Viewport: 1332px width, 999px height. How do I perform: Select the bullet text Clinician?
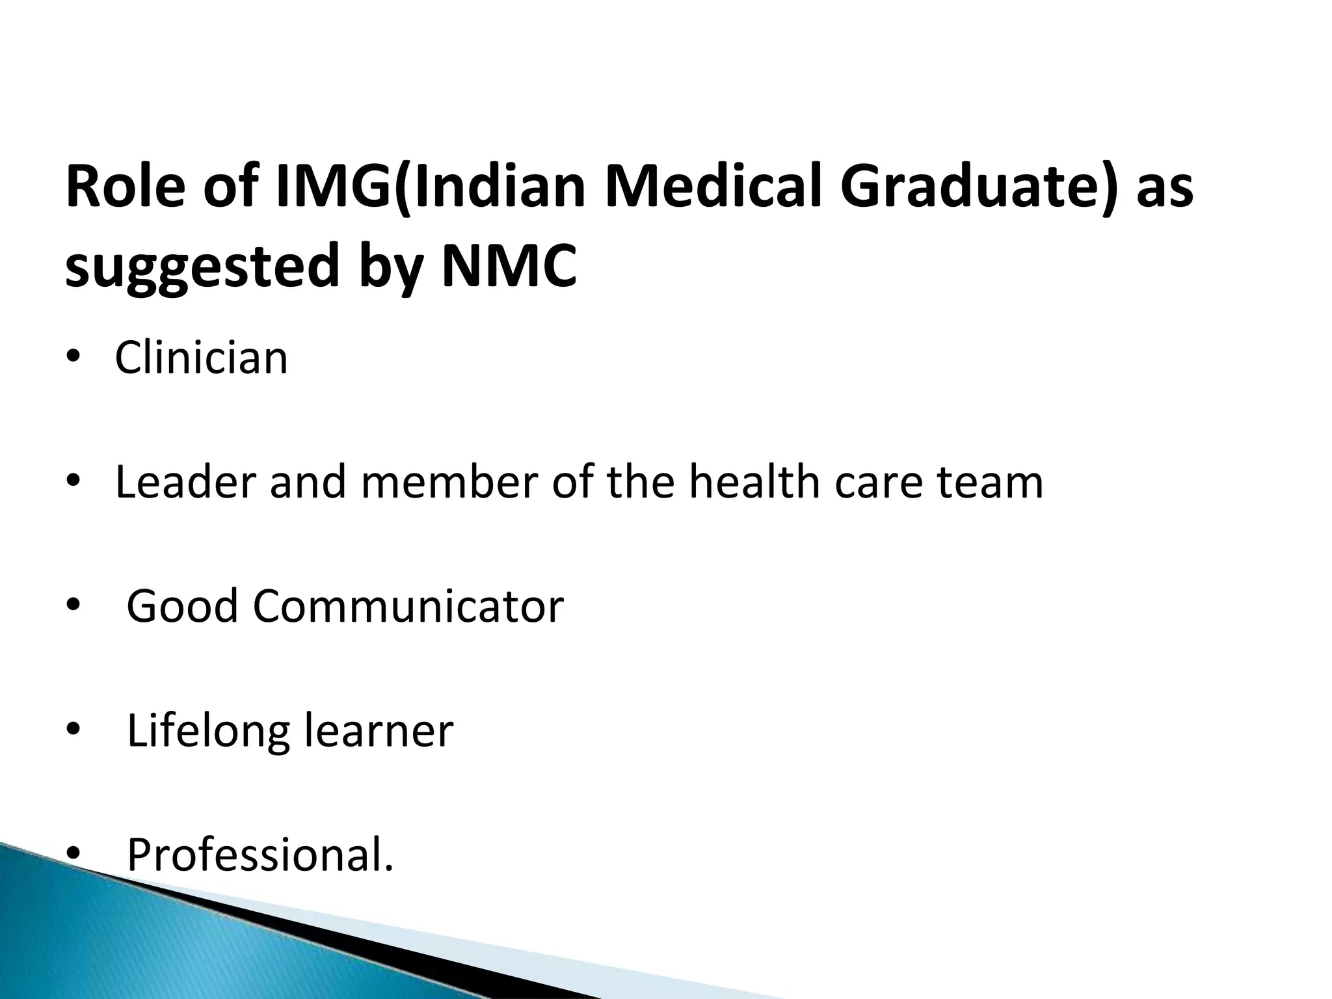pyautogui.click(x=201, y=358)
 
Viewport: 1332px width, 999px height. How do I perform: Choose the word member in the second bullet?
pyautogui.click(x=449, y=483)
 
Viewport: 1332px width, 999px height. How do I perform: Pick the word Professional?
pyautogui.click(x=260, y=855)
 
